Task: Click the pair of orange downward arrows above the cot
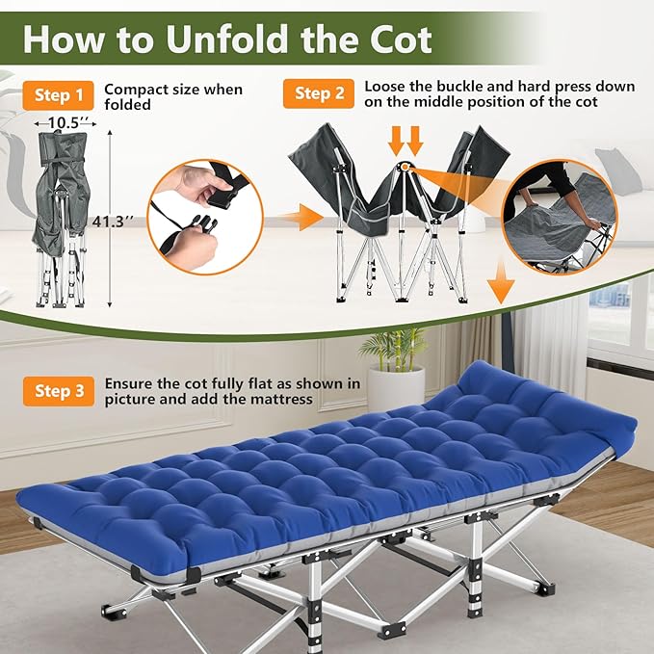405,143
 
